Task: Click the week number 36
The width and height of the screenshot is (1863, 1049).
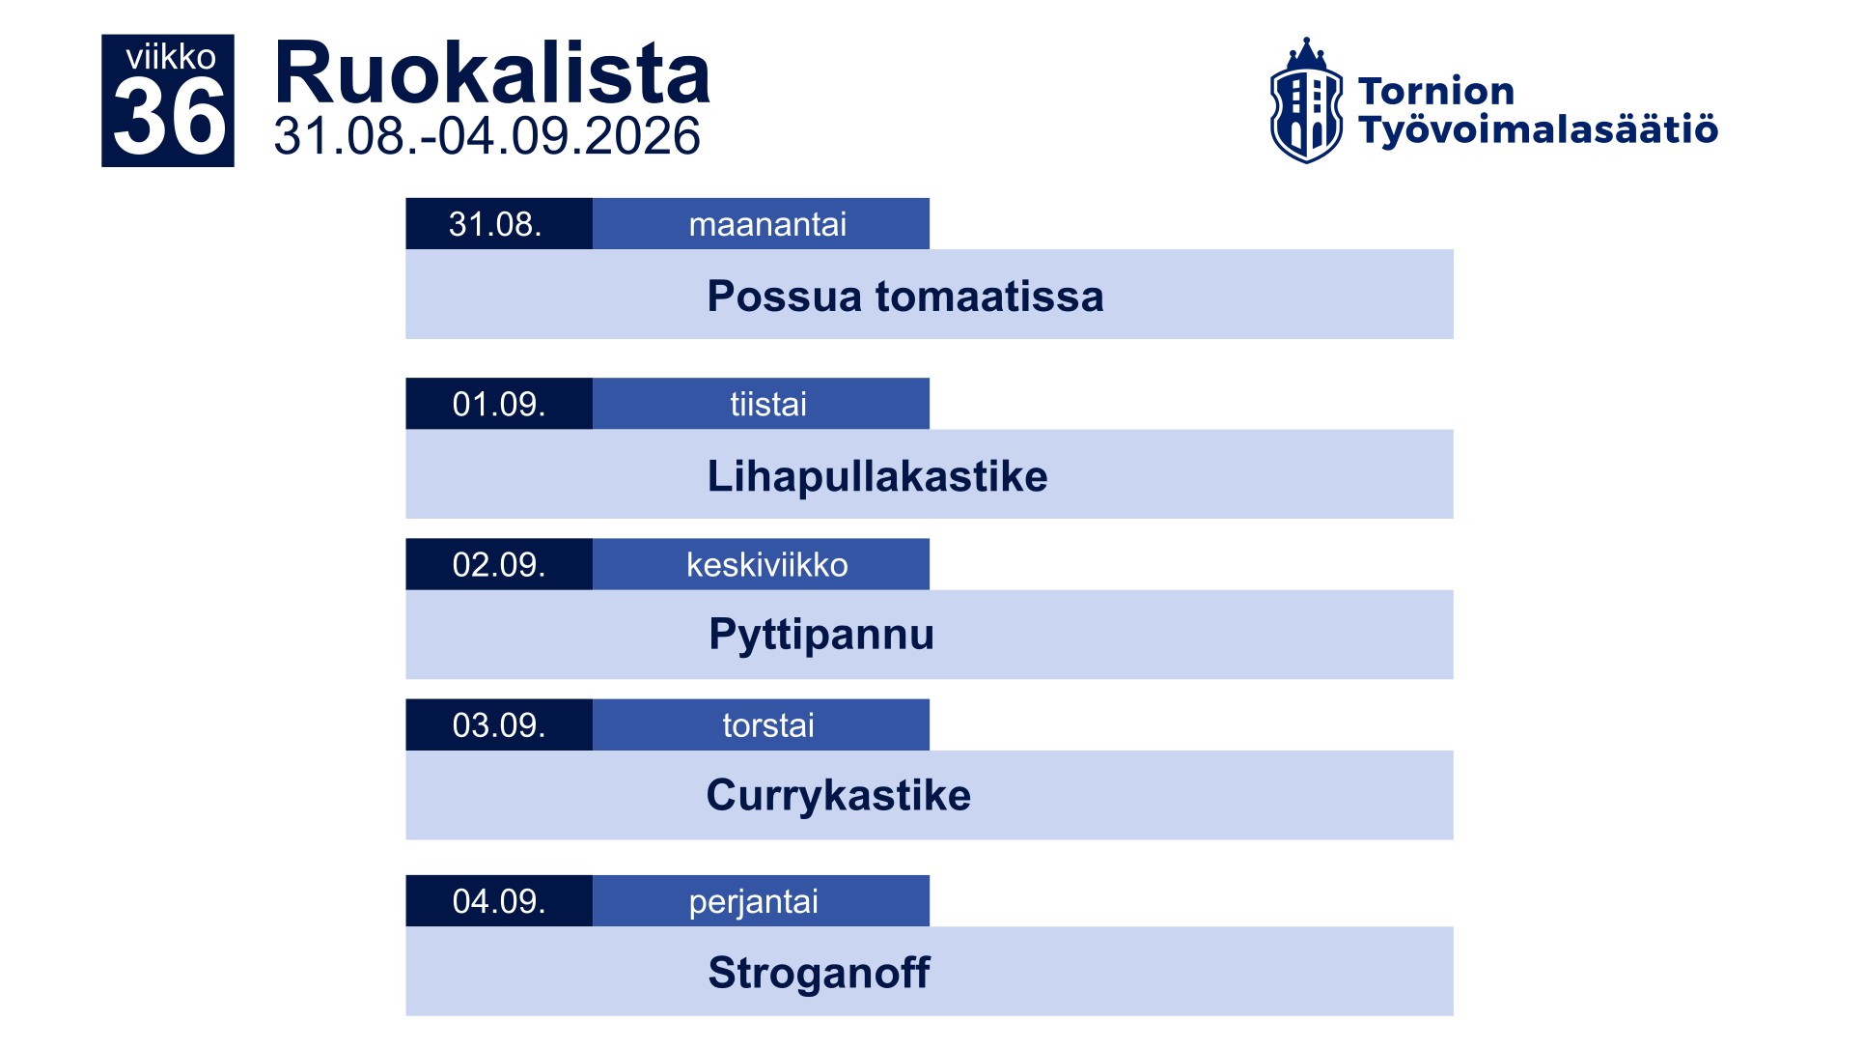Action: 170,117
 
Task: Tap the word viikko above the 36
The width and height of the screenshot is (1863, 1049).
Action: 171,57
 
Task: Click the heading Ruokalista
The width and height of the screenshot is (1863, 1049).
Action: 492,73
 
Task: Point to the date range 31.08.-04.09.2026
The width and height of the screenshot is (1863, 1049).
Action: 487,135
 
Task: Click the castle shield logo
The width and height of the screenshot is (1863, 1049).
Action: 1306,100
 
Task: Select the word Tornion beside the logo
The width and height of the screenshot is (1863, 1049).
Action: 1436,91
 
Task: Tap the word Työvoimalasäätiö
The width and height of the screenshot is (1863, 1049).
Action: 1538,129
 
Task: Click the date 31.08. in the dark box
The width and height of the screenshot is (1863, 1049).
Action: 495,224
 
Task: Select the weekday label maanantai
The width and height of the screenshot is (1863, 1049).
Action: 767,224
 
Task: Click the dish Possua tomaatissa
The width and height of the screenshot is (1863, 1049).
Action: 905,296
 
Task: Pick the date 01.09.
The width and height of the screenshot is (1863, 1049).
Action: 499,404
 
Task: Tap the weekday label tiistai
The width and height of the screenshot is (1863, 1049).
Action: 768,404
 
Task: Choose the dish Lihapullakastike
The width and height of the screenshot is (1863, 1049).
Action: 877,476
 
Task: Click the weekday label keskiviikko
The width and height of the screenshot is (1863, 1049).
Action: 767,564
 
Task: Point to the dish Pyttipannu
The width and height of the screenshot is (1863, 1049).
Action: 821,635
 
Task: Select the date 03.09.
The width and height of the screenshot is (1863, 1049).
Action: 499,725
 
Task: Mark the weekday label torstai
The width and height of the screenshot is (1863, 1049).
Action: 768,725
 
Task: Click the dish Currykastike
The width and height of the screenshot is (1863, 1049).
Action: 839,795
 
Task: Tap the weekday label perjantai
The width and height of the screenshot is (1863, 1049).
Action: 754,901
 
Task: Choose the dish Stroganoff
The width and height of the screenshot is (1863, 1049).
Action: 819,972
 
